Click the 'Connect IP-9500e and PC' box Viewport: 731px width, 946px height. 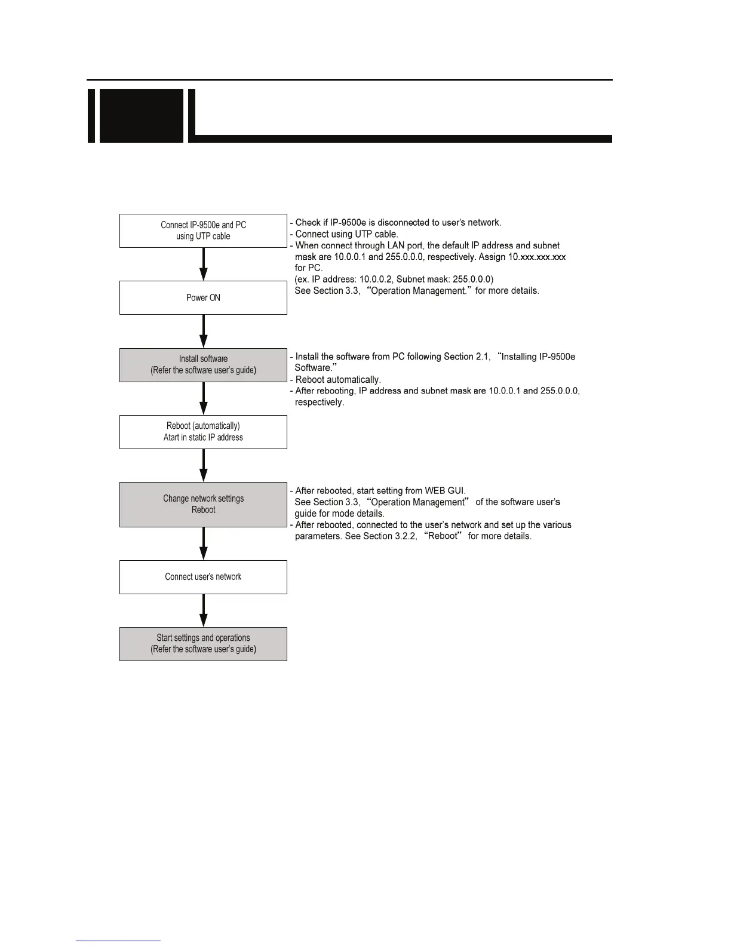coord(203,231)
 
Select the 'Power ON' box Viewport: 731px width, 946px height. coord(203,297)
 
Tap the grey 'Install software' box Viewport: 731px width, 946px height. coord(203,365)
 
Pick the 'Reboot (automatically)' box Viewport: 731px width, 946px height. coord(203,432)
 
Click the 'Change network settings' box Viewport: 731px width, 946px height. coord(203,504)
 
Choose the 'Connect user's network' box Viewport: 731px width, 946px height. coord(203,577)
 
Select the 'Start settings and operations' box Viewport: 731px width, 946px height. coord(203,644)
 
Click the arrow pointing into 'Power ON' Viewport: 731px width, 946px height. coord(204,265)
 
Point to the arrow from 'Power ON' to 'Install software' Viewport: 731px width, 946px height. coord(204,331)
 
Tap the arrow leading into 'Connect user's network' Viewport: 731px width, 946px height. coord(204,543)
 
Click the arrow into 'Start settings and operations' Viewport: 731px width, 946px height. coord(204,610)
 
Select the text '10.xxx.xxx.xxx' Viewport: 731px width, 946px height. coord(536,257)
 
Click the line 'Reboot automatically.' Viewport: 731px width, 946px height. coord(338,380)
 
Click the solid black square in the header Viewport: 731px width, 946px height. coord(141,116)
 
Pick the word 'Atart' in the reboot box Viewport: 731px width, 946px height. coord(171,438)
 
